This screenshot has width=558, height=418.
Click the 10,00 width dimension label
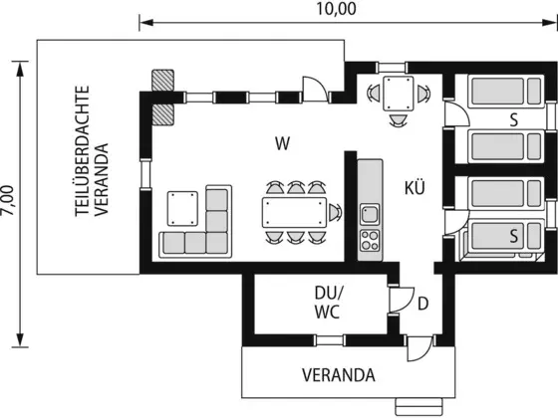coord(336,9)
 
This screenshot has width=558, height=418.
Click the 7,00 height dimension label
coord(8,200)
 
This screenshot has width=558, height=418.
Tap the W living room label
coord(283,143)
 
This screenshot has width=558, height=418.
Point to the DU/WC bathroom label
coord(328,303)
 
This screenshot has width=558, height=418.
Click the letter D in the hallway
coord(422,304)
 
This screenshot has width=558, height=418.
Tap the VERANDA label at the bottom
coord(339,375)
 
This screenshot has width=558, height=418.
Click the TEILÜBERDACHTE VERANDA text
coord(92,150)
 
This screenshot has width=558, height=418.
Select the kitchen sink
coord(370,214)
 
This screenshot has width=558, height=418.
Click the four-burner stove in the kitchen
coord(370,240)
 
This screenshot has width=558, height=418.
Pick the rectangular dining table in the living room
coord(294,213)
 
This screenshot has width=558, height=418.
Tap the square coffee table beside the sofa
coord(182,209)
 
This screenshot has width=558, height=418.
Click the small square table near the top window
coord(399,94)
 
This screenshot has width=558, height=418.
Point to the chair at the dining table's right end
coord(335,213)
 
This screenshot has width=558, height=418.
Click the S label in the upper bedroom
coord(513,120)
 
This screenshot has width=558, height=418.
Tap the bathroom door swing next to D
coord(403,300)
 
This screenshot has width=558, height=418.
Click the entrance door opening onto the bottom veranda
coord(420,348)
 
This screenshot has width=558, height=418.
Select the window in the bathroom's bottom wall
coord(330,340)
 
